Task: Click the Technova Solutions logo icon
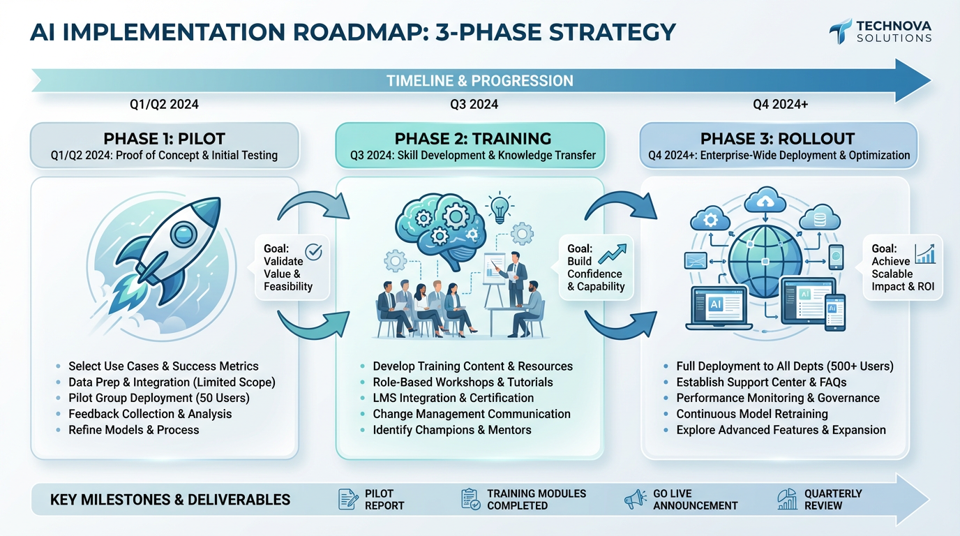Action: (840, 31)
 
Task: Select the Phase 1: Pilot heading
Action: (164, 138)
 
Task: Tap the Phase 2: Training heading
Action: (472, 138)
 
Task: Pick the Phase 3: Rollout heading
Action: (777, 138)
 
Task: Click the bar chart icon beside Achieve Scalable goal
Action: (924, 254)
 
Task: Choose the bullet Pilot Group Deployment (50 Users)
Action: (158, 398)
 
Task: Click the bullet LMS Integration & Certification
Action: (453, 398)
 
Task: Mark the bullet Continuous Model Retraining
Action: (751, 414)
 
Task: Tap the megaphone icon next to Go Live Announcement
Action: (634, 498)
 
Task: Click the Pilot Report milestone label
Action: (384, 499)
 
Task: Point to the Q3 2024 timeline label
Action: (474, 105)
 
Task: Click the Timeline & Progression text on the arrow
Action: (479, 81)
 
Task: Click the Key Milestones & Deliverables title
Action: (170, 500)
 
